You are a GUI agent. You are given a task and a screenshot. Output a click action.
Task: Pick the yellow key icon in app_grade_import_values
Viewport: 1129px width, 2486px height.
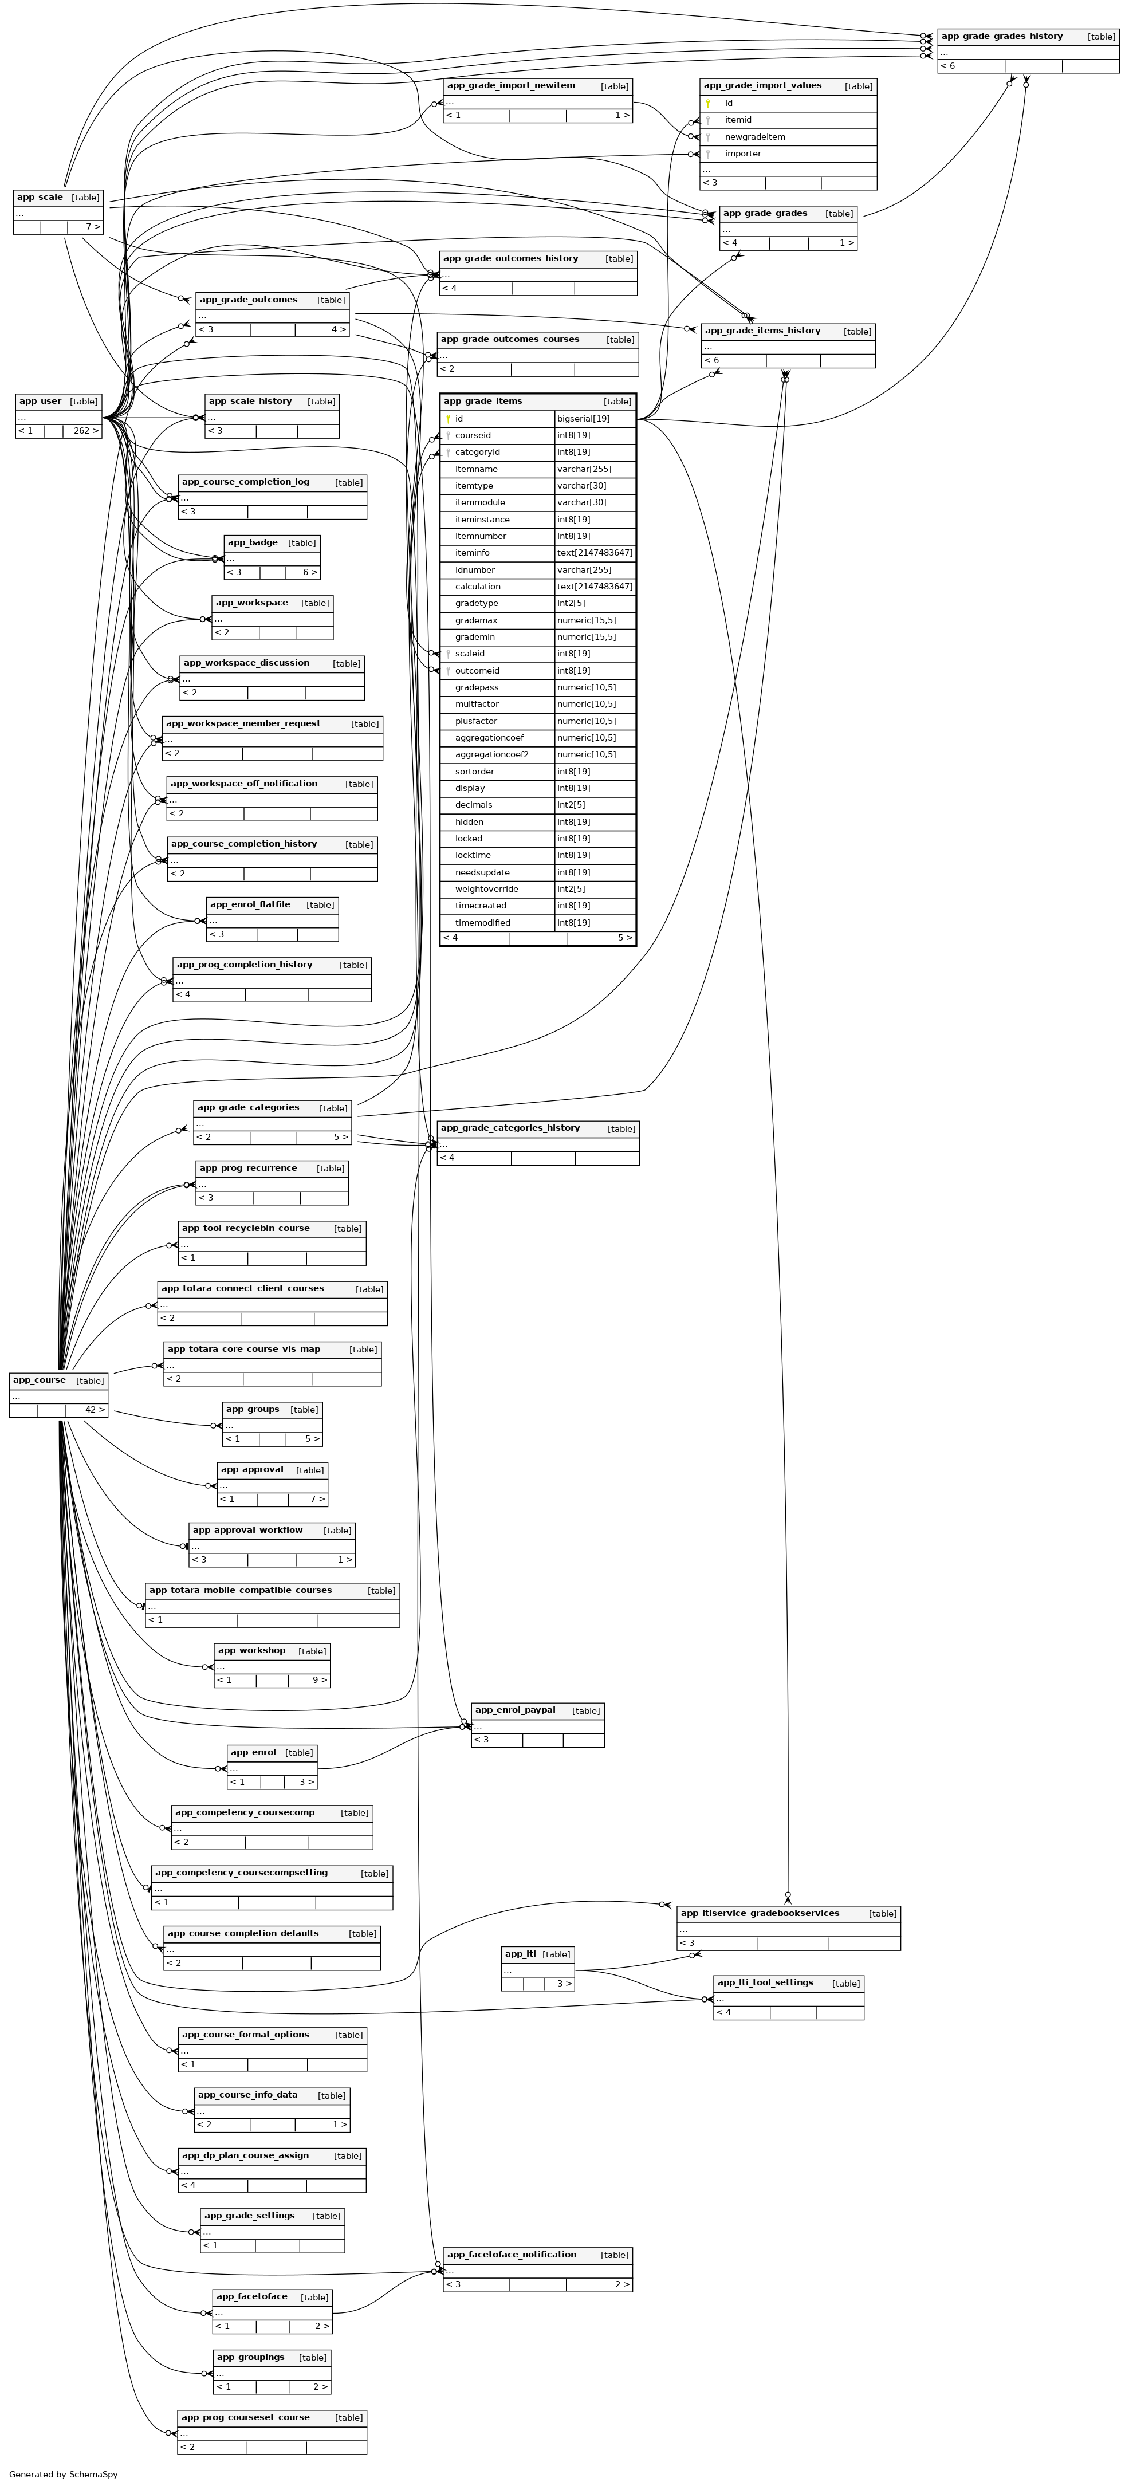[707, 103]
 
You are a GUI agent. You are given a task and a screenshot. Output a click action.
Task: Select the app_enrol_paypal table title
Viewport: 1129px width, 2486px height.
[516, 1710]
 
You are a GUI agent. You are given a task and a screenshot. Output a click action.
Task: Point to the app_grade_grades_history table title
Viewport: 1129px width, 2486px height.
[1002, 37]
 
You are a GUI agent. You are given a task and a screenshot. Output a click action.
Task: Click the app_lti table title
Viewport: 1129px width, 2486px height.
[520, 1954]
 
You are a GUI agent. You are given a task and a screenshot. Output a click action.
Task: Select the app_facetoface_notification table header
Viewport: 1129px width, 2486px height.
[512, 2255]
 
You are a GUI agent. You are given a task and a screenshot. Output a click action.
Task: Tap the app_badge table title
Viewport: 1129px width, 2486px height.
[253, 544]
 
